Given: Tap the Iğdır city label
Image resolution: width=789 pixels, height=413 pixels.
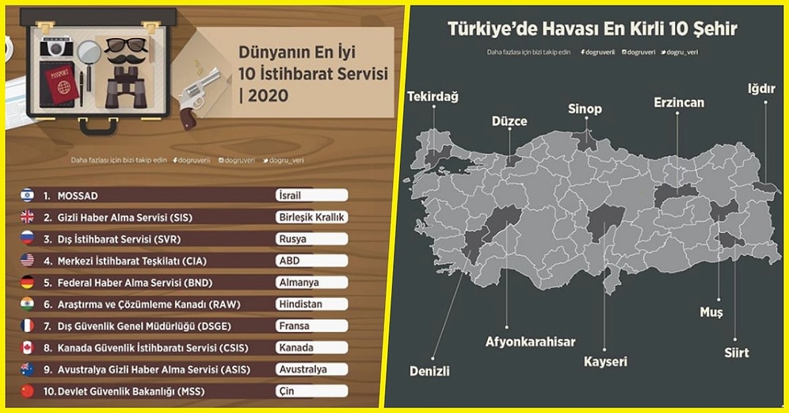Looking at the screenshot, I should pos(761,88).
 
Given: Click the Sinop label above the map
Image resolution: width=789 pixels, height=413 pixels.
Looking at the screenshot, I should pos(585,109).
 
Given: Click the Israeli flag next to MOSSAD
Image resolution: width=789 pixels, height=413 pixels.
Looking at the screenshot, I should pos(27,195).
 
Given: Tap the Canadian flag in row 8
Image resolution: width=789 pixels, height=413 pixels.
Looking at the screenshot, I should pos(27,347).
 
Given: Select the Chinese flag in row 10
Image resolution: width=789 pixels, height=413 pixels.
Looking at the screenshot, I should pos(27,391).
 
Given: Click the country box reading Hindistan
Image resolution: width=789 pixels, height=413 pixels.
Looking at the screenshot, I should pos(312,304).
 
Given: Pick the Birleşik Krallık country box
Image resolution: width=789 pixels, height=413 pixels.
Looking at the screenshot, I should pos(312,217).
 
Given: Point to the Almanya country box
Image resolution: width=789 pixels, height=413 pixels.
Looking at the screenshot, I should pos(312,282).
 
